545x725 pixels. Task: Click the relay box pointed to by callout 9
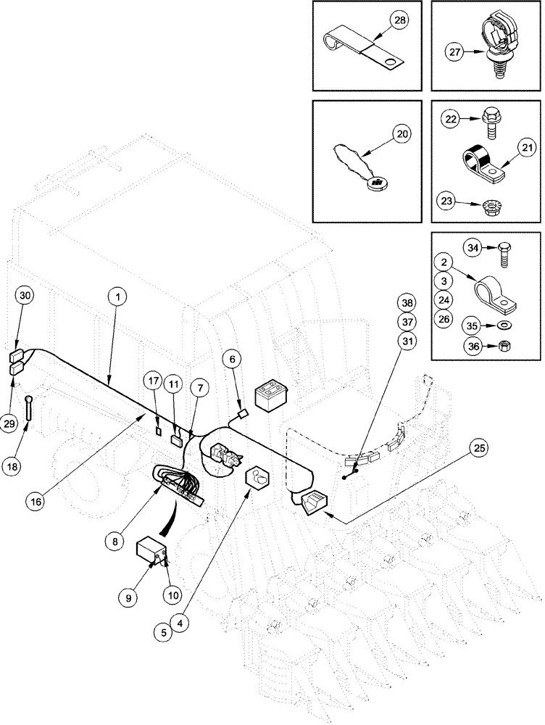click(152, 552)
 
